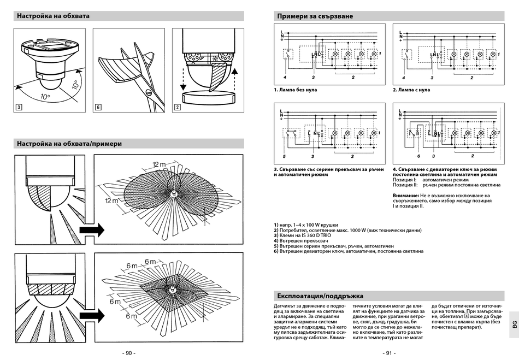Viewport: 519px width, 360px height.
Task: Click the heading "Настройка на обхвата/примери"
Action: coord(69,144)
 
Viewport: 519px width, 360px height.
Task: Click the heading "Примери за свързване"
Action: coord(315,16)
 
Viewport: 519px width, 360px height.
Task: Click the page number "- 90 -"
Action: coord(129,353)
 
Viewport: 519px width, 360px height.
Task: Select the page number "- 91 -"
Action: coord(388,353)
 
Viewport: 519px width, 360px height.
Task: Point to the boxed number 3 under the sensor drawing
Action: coord(19,107)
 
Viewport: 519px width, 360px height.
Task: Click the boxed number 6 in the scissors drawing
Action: coord(98,107)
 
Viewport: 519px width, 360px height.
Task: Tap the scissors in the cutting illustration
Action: coord(145,76)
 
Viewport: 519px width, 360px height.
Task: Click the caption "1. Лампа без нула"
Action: coord(296,90)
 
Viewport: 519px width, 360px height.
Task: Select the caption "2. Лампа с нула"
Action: coord(411,90)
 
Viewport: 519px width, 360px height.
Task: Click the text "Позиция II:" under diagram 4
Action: coord(405,185)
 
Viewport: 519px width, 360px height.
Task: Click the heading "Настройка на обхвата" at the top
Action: coord(53,16)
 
